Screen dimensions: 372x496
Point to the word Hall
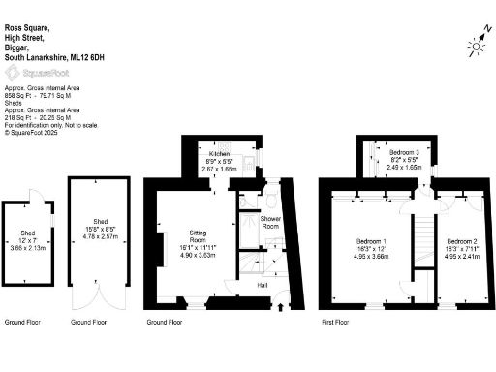click(263, 285)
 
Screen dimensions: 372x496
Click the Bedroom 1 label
click(372, 241)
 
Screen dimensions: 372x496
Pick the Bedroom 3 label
click(404, 153)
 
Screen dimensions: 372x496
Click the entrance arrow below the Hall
click(282, 307)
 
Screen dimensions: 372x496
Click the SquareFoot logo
click(33, 73)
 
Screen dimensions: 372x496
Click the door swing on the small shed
click(36, 195)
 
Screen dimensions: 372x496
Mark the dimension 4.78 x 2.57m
click(100, 236)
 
